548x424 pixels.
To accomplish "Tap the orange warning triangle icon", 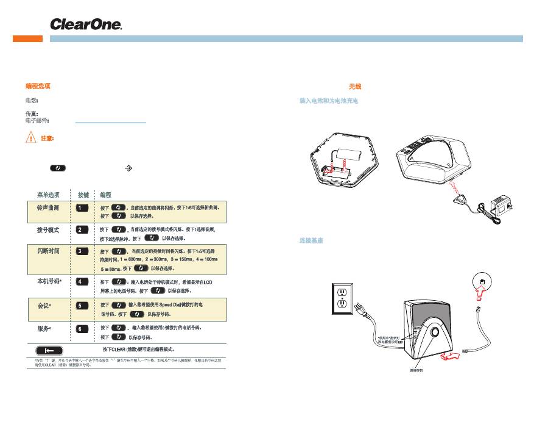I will point(30,138).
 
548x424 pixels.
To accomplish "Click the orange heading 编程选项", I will point(38,87).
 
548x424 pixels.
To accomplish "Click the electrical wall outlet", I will point(342,297).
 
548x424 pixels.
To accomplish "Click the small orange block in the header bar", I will point(28,38).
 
